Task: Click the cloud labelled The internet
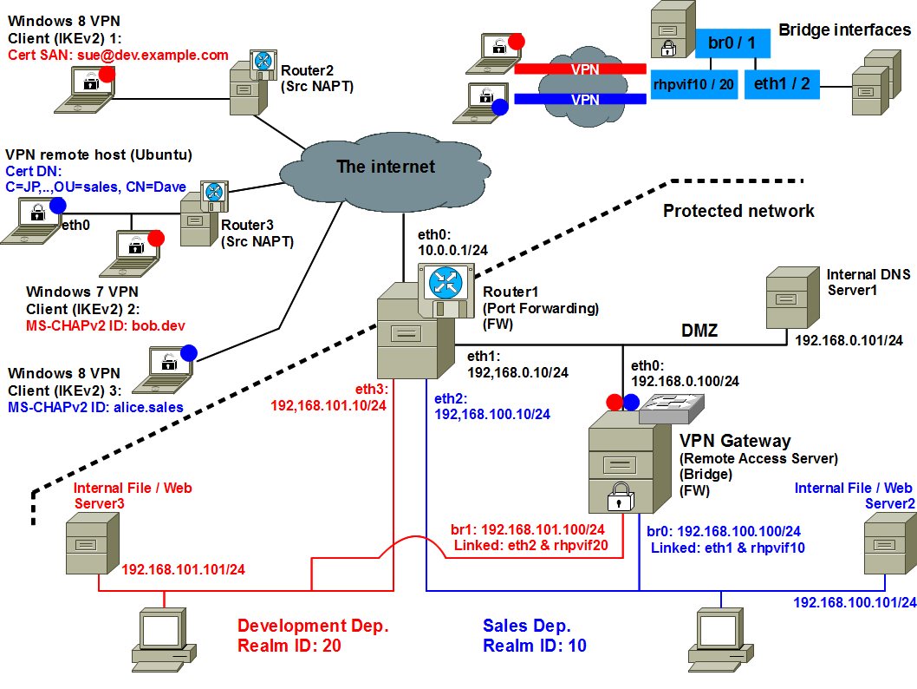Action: tap(386, 166)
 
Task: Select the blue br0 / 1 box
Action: tap(732, 43)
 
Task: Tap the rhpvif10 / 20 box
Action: tap(693, 84)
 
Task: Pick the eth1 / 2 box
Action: tap(783, 84)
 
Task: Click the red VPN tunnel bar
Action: tap(580, 69)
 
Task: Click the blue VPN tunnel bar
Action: tap(580, 100)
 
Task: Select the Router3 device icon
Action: tap(203, 214)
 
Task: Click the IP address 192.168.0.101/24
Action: tap(849, 341)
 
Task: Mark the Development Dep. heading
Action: tap(313, 626)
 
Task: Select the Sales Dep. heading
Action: tap(526, 626)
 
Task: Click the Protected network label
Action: tap(738, 211)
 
